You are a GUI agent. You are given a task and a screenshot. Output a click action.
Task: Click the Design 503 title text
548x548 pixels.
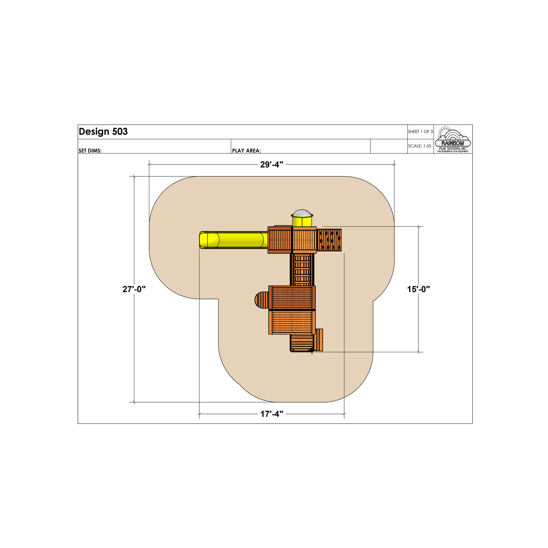103,132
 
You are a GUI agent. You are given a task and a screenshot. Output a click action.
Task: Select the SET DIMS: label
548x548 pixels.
90,151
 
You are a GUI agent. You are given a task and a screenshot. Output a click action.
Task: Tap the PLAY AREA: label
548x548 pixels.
247,151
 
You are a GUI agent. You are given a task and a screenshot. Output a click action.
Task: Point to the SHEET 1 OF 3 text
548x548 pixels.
420,132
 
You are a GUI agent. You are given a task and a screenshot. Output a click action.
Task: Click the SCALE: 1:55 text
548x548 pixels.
420,146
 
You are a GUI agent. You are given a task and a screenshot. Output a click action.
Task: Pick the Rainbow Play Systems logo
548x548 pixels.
453,139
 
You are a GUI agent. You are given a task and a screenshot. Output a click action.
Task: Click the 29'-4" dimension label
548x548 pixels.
272,165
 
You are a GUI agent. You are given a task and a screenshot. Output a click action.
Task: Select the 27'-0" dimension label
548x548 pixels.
134,289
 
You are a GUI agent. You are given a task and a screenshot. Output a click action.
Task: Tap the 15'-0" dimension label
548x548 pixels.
419,289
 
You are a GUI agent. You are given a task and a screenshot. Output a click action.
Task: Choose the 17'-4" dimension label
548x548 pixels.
272,414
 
